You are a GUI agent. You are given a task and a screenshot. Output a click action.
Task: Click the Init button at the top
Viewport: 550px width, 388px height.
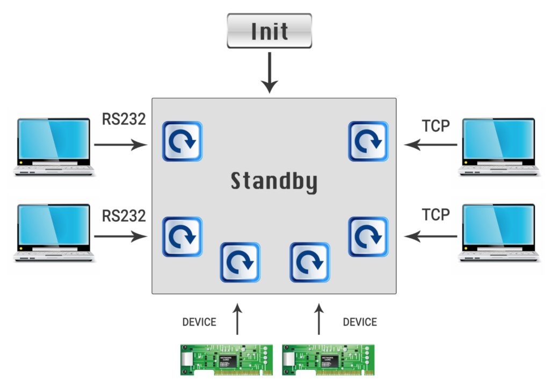pos(269,31)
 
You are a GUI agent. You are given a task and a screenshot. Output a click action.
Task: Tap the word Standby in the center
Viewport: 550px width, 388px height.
pos(274,182)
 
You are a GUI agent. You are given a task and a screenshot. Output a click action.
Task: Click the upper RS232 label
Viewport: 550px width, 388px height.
pos(124,119)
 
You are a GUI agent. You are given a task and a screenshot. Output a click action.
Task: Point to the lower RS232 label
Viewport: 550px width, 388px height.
pos(124,215)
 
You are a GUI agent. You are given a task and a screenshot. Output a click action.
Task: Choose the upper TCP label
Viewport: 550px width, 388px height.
pos(436,125)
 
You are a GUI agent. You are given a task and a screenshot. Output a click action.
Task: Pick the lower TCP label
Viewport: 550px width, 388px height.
pos(436,215)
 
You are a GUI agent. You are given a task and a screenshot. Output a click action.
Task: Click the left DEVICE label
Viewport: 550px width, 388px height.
pos(199,322)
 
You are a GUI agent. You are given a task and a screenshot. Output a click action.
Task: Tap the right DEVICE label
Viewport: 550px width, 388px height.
pos(360,322)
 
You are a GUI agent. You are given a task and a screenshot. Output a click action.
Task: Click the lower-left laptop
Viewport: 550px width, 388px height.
pos(54,232)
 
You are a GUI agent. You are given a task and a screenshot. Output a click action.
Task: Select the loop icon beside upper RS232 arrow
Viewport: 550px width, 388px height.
pos(182,141)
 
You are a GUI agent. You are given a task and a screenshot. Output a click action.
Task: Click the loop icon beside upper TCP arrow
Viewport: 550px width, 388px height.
pos(368,141)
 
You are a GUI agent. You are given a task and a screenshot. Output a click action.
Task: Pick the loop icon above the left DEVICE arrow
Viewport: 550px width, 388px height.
pos(240,262)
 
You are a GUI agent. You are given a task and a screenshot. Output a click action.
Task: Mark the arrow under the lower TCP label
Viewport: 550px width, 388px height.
pos(431,235)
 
